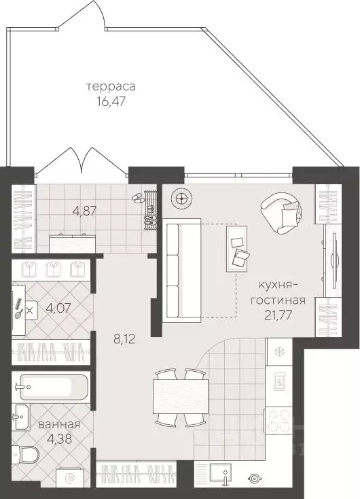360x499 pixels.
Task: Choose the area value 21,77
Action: (x=281, y=314)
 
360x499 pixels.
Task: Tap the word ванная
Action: (x=59, y=424)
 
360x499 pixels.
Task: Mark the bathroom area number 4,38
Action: (x=59, y=438)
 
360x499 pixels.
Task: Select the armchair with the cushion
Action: (x=282, y=211)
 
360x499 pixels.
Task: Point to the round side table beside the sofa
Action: (x=181, y=198)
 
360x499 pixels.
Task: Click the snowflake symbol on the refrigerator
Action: (x=278, y=352)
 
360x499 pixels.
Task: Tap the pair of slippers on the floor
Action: (x=138, y=198)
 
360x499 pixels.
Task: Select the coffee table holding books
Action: (x=240, y=249)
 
